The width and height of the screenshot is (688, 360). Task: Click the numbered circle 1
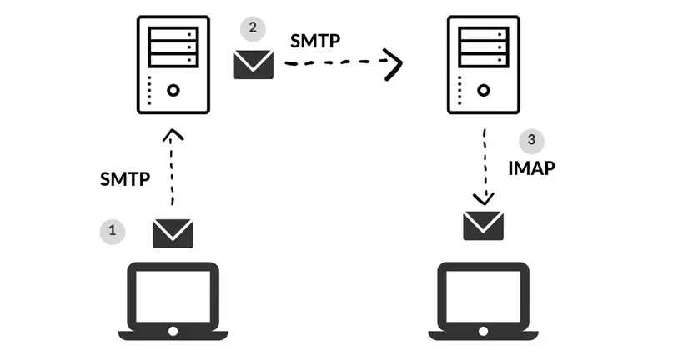tap(113, 231)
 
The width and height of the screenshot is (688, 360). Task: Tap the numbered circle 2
tap(253, 29)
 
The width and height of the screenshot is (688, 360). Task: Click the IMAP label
tap(531, 167)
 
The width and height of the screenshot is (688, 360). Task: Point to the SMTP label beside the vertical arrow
tap(124, 178)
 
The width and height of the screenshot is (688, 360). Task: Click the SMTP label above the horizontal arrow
tap(314, 40)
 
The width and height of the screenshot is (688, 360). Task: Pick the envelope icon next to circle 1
tap(173, 232)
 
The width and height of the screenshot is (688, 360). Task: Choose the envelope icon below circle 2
tap(253, 64)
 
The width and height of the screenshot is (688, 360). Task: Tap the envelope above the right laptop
tap(483, 225)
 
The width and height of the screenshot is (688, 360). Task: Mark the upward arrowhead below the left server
tap(173, 135)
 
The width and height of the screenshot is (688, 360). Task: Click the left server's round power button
tap(173, 90)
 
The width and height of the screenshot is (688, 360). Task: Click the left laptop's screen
tap(173, 292)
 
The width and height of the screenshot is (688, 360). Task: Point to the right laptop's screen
tap(483, 292)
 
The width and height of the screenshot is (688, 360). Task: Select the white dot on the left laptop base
tap(173, 331)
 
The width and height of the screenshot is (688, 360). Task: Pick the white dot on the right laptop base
tap(483, 331)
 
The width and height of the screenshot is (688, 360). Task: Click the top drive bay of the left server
tap(173, 35)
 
